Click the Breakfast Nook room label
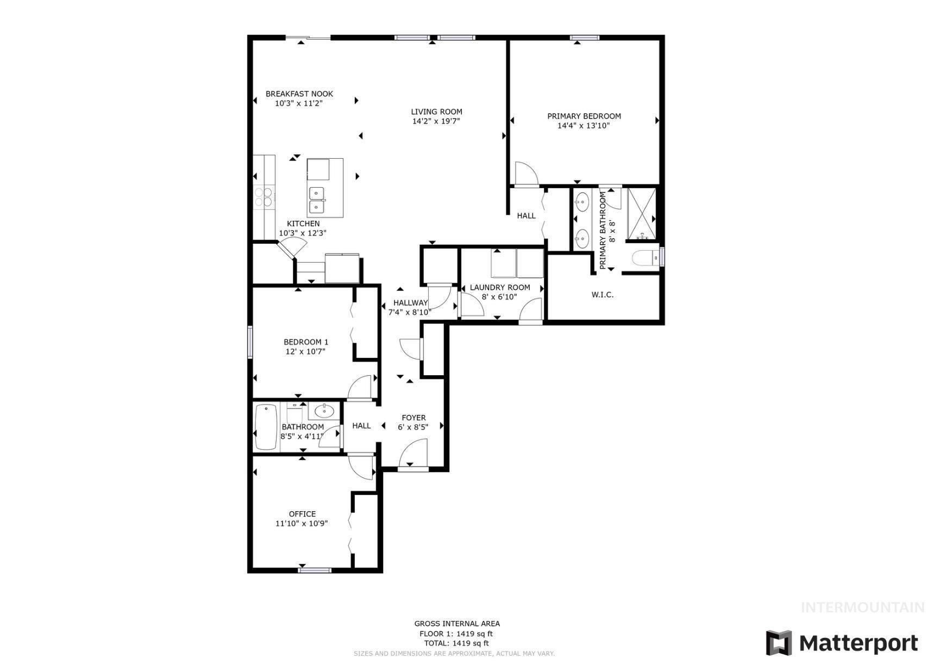(x=299, y=94)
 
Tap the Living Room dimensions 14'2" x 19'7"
(x=436, y=121)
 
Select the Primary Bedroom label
(x=584, y=116)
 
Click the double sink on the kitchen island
(x=316, y=200)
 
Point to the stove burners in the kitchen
(x=263, y=197)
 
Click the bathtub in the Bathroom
(x=266, y=427)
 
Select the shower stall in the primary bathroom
(x=641, y=213)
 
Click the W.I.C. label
(x=602, y=295)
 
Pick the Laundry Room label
(x=499, y=288)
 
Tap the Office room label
(x=302, y=514)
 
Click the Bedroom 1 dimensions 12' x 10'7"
(x=305, y=351)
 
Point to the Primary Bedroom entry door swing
(x=525, y=174)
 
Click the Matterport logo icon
(x=778, y=643)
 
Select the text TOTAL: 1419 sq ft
(x=456, y=643)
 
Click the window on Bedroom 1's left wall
(x=250, y=342)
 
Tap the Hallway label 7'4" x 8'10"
(x=410, y=308)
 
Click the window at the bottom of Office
(x=315, y=570)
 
